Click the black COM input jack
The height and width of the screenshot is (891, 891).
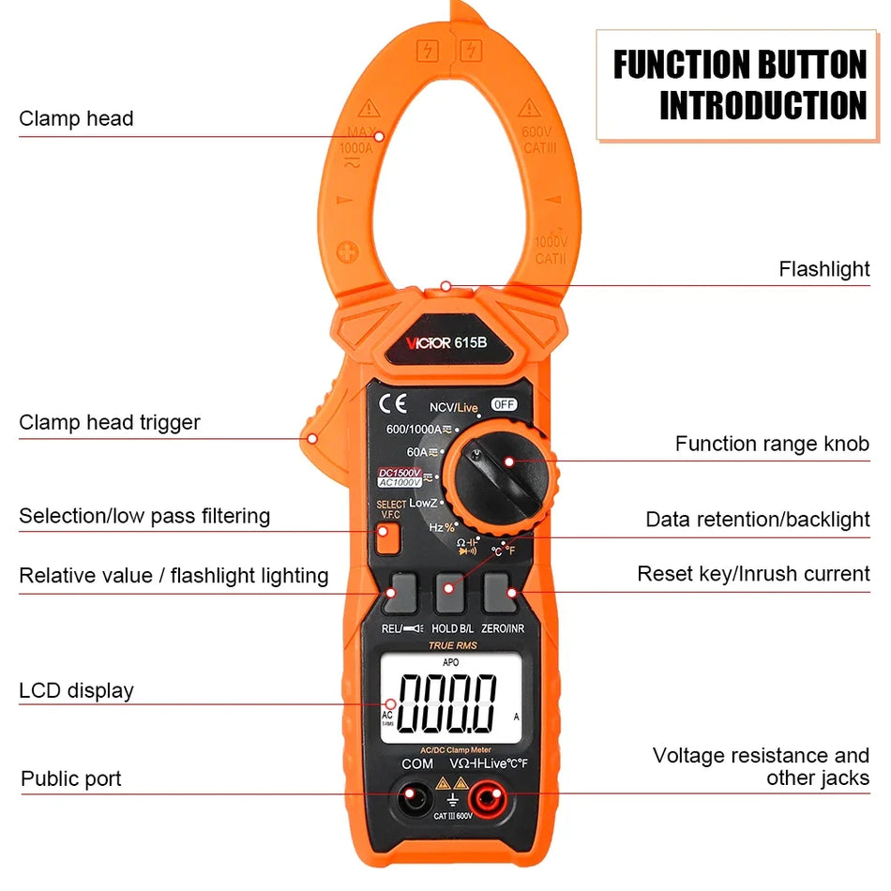(411, 800)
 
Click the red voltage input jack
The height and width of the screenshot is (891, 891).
(486, 800)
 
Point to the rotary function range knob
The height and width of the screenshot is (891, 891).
(501, 475)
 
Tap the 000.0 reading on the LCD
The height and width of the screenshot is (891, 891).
(447, 703)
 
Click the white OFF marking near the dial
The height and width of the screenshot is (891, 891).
(505, 404)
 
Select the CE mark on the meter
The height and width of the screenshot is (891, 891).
(393, 404)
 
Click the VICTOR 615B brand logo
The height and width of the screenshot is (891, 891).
(446, 342)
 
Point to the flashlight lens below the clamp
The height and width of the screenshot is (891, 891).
(446, 286)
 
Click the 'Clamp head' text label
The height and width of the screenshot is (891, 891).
(76, 118)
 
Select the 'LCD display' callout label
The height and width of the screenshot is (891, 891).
(76, 691)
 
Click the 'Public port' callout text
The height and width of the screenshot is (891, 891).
(71, 778)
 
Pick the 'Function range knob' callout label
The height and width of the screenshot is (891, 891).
(772, 444)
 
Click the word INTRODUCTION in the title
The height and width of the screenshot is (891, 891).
(763, 105)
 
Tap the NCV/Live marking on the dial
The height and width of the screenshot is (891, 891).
(454, 406)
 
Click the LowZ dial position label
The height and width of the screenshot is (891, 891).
(423, 503)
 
